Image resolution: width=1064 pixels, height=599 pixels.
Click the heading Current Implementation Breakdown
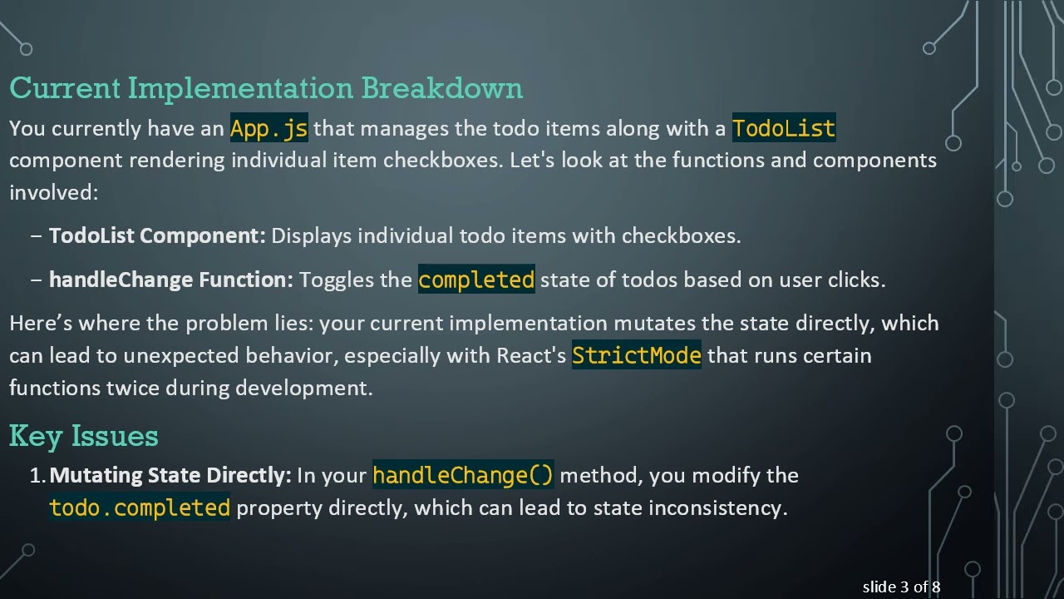tap(266, 88)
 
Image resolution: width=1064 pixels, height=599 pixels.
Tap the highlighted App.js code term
tap(268, 129)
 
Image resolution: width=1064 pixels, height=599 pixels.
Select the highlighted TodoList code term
tap(783, 129)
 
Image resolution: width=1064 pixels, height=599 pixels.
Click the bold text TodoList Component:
tap(157, 236)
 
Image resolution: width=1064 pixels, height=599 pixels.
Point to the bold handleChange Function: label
tap(171, 280)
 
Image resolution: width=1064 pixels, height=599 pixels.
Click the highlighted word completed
tap(476, 280)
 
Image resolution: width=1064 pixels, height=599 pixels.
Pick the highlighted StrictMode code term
tap(636, 356)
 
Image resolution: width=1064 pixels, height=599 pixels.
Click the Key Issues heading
tap(83, 436)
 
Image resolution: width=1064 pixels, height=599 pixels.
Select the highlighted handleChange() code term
tap(462, 476)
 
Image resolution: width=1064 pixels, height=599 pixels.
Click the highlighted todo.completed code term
tap(140, 508)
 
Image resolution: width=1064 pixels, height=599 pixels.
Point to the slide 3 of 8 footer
tap(901, 587)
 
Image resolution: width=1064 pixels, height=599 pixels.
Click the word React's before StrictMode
tap(531, 356)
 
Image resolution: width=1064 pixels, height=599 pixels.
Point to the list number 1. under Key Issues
tap(37, 476)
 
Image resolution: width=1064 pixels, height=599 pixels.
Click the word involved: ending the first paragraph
tap(53, 193)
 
